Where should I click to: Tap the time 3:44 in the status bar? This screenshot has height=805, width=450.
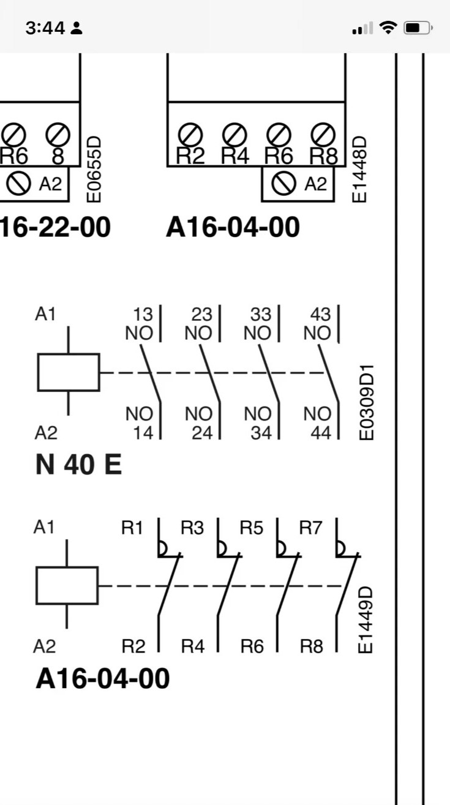click(45, 28)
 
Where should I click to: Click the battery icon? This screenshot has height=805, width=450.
click(419, 28)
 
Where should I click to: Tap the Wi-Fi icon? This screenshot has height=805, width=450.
click(388, 28)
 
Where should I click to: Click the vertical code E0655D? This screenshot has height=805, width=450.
click(94, 168)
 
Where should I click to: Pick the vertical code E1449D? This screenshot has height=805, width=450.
click(366, 620)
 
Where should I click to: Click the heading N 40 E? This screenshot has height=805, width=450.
click(78, 466)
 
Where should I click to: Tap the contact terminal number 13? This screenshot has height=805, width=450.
click(143, 315)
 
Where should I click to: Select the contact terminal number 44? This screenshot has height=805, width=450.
click(320, 433)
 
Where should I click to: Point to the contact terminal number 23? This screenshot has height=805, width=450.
click(201, 315)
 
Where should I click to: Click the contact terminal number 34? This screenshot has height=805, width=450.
click(261, 433)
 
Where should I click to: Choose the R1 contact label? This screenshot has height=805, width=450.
click(132, 528)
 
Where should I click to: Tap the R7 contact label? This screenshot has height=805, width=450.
click(310, 528)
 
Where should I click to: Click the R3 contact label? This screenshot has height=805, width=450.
click(192, 528)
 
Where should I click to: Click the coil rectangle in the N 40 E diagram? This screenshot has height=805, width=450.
click(68, 372)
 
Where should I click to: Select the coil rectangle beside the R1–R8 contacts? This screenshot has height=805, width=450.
click(67, 585)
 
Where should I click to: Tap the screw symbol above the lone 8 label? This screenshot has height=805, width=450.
click(58, 133)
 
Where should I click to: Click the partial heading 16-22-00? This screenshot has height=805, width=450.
click(55, 227)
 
